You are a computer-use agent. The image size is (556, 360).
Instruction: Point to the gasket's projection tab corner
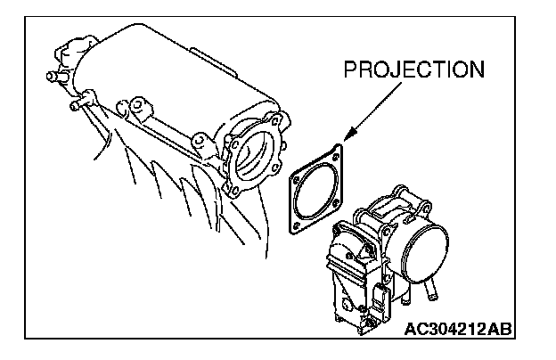pyautogui.click(x=339, y=147)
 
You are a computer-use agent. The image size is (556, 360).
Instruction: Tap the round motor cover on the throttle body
pyautogui.click(x=426, y=253)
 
